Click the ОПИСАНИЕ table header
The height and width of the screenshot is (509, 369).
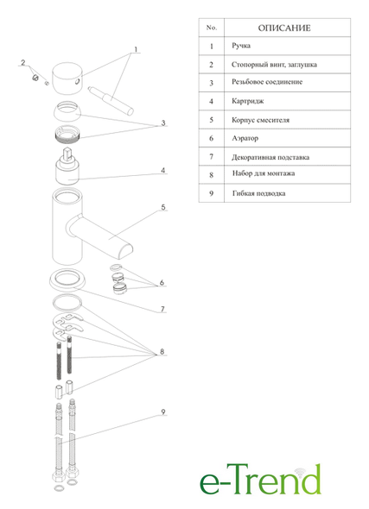[x=284, y=28]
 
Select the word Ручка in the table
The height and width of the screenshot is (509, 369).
[x=241, y=46]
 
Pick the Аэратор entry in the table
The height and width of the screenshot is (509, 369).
[x=245, y=138]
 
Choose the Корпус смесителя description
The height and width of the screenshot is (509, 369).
[x=260, y=120]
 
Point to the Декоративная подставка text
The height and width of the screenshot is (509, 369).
[x=270, y=157]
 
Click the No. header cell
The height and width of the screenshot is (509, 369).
[x=212, y=28]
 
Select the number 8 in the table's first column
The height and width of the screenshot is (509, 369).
[x=212, y=175]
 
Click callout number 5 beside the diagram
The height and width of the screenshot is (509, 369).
[x=163, y=207]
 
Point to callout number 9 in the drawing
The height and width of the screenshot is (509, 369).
[x=163, y=412]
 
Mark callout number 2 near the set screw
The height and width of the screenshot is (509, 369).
[x=22, y=62]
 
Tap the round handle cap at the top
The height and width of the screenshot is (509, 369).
[x=68, y=79]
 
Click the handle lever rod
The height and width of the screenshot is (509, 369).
[x=111, y=100]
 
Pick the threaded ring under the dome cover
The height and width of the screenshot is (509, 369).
[x=68, y=133]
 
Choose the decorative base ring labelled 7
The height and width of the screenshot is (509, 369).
[x=67, y=280]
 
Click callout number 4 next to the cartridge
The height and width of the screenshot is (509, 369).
[x=163, y=170]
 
